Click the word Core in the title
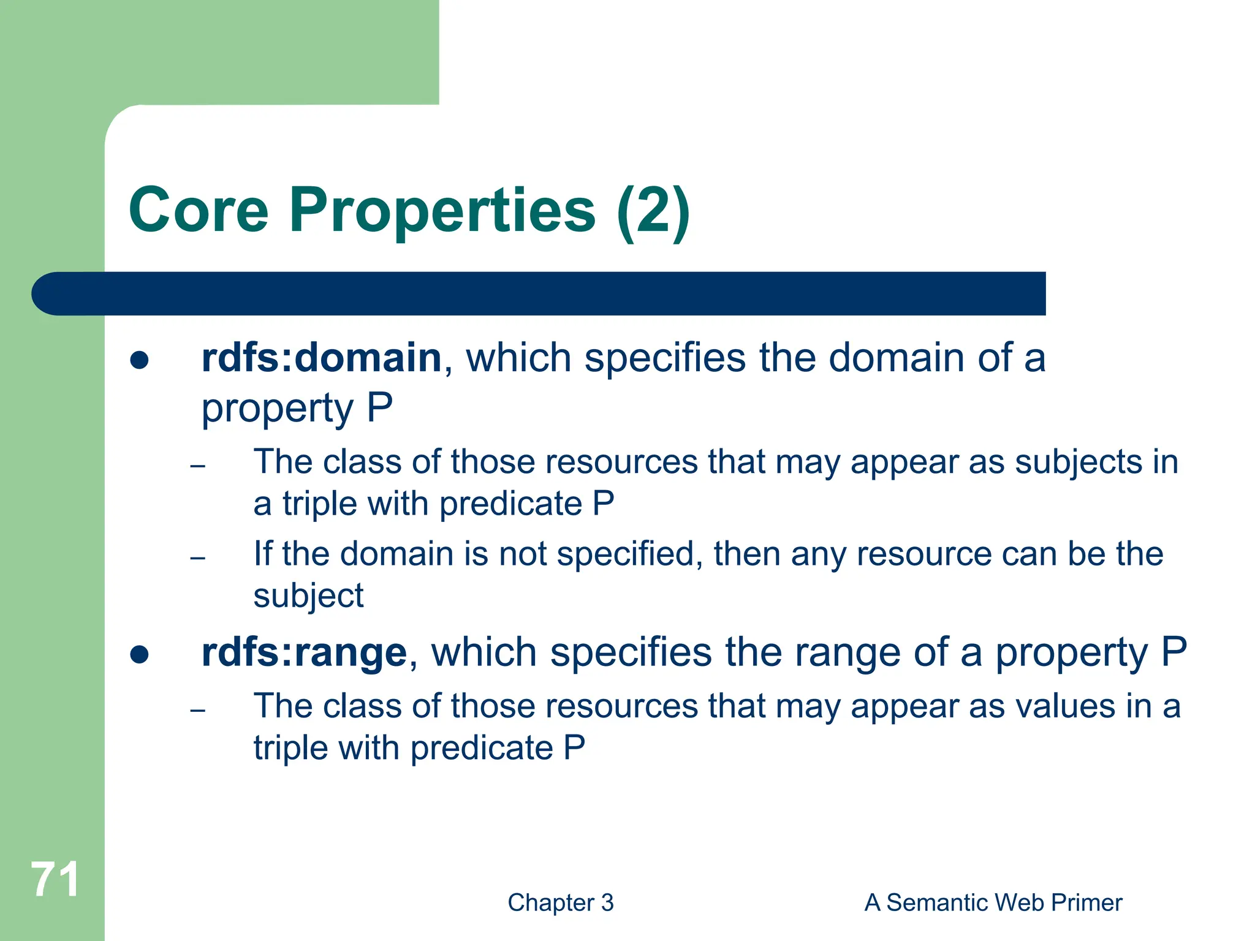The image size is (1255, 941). click(199, 210)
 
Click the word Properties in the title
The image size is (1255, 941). click(442, 210)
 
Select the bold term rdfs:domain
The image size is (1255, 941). click(321, 358)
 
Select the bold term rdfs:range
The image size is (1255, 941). click(304, 652)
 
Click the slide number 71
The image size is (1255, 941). click(55, 880)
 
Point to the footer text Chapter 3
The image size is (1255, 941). click(560, 902)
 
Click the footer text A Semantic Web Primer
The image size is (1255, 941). click(993, 902)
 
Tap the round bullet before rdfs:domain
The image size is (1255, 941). click(140, 360)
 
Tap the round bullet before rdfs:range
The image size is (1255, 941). click(140, 654)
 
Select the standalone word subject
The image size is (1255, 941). click(308, 597)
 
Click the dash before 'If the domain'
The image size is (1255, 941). click(197, 558)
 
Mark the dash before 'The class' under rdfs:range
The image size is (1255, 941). click(197, 711)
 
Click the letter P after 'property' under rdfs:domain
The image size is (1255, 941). click(379, 408)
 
